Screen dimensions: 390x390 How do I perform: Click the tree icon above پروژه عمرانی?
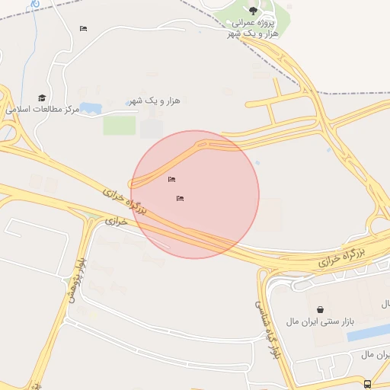pos(253,11)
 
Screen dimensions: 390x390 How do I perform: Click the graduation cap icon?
pos(42,97)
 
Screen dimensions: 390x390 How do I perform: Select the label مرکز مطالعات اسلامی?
pos(43,110)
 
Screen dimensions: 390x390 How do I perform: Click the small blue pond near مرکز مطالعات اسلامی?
pos(91,107)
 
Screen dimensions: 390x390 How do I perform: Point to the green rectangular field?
pos(119,125)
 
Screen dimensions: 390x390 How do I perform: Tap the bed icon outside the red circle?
pos(83,29)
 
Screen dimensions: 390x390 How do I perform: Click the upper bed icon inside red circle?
pos(171,180)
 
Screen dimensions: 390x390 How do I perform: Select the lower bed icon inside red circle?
pos(181,198)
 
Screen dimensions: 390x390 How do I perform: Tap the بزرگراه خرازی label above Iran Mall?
pos(342,256)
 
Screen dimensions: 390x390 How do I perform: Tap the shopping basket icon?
pos(320,310)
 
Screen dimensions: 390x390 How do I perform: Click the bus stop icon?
pos(368,384)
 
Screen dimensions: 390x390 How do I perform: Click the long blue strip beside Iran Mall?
pos(369,333)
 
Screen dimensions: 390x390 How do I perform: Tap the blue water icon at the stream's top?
pos(35,4)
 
